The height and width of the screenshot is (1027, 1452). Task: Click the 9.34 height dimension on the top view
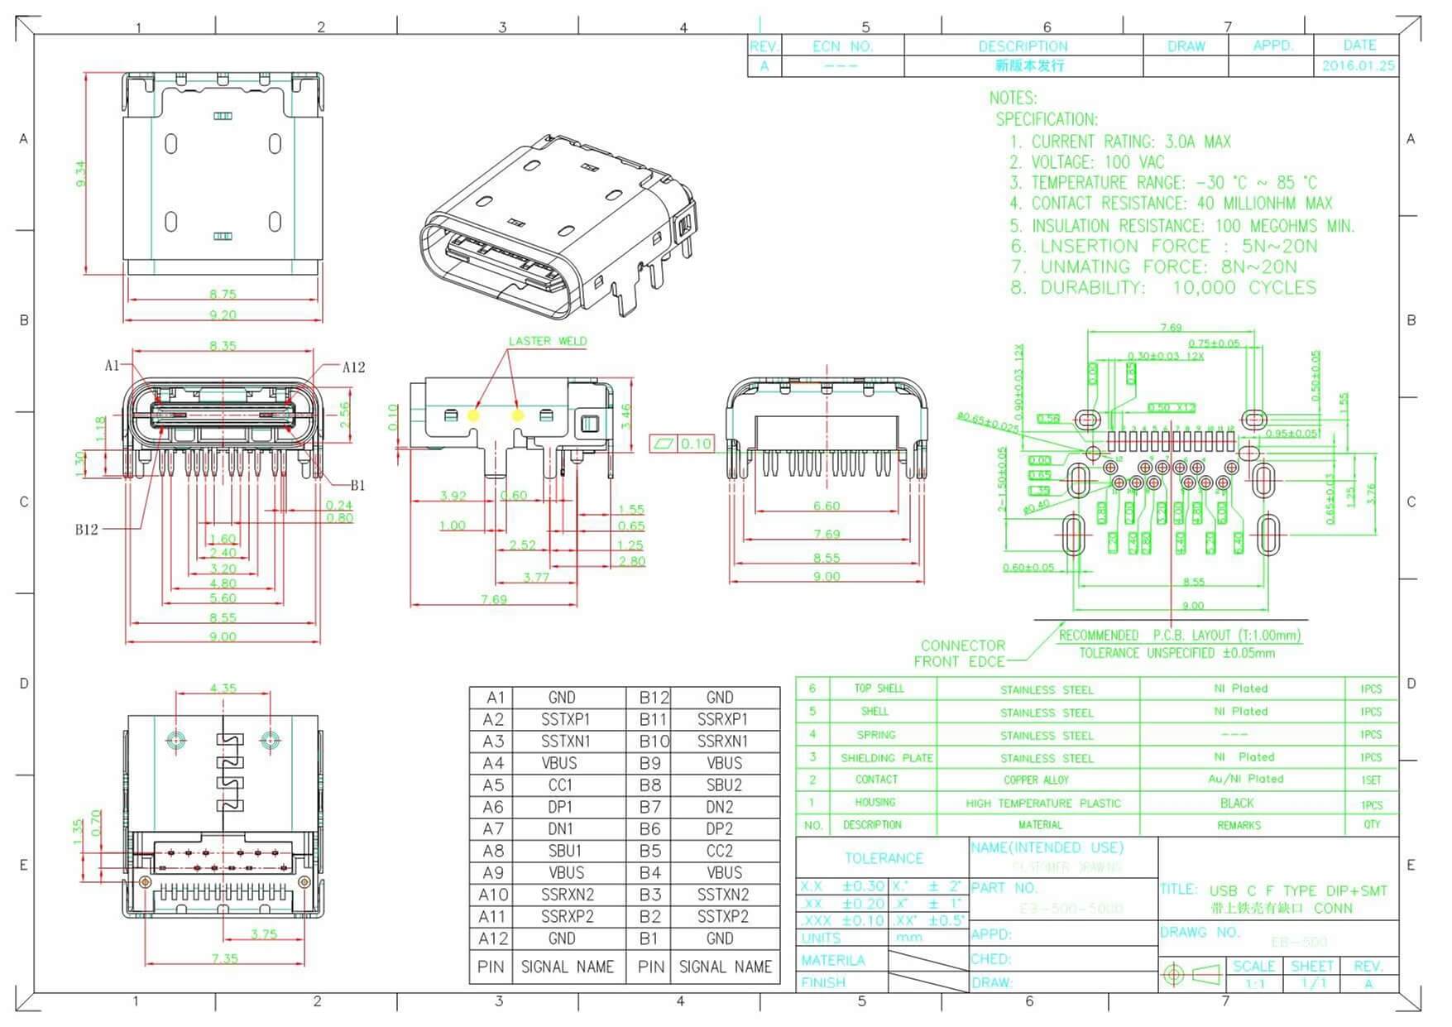coord(80,173)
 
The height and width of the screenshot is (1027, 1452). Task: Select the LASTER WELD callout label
coord(547,341)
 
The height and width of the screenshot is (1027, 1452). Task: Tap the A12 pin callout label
coord(353,367)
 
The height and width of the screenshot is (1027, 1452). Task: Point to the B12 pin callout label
coord(86,530)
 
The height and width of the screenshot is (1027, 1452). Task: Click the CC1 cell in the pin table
coord(561,785)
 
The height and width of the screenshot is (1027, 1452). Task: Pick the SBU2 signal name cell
coord(724,785)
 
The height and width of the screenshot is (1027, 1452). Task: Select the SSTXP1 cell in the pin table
coord(565,719)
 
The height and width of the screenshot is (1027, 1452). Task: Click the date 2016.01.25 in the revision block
coord(1358,65)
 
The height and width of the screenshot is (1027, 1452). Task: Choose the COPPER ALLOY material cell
coord(1036,780)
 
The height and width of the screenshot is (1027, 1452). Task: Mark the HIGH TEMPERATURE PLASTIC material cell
coord(1042,804)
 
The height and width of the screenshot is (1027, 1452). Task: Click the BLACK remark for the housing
coord(1237,804)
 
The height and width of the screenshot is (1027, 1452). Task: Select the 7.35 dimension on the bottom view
coord(224,958)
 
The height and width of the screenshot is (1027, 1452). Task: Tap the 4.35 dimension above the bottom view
coord(223,688)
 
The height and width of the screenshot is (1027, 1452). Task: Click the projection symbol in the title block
coord(1194,974)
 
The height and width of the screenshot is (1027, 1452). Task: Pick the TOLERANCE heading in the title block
coord(883,858)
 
